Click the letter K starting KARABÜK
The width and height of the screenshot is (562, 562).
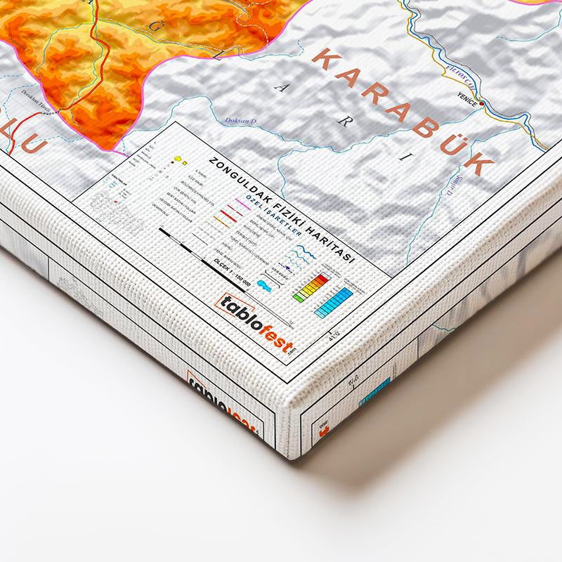[x=324, y=60]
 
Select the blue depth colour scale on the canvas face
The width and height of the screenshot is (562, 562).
[x=333, y=303]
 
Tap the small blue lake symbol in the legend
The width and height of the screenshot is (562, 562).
[x=265, y=285]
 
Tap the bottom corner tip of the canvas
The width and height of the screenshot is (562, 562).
[x=289, y=455]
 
